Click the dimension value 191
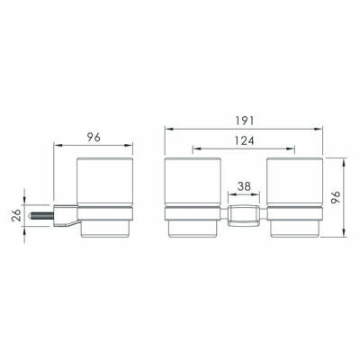pyautogui.click(x=244, y=121)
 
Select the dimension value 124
pyautogui.click(x=244, y=140)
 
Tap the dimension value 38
pyautogui.click(x=244, y=186)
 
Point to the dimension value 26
pyautogui.click(x=17, y=215)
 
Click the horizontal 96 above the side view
pyautogui.click(x=94, y=138)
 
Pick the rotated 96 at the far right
pyautogui.click(x=336, y=197)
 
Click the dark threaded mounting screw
pyautogui.click(x=41, y=216)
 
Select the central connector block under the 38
pyautogui.click(x=244, y=216)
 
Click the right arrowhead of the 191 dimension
pyautogui.click(x=319, y=129)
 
